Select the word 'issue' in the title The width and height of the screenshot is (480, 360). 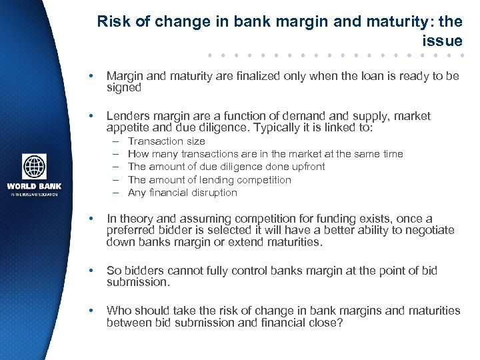tap(442, 41)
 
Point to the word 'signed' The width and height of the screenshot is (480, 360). tap(124, 87)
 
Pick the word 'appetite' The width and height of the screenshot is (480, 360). tap(127, 128)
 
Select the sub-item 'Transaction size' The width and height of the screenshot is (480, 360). tap(166, 141)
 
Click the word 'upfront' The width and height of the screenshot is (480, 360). tap(305, 167)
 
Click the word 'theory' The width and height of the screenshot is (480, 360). tap(136, 219)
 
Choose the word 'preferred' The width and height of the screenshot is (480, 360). tap(130, 230)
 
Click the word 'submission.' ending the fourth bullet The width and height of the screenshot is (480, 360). tap(138, 282)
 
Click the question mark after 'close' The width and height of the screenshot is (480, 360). tap(341, 323)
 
